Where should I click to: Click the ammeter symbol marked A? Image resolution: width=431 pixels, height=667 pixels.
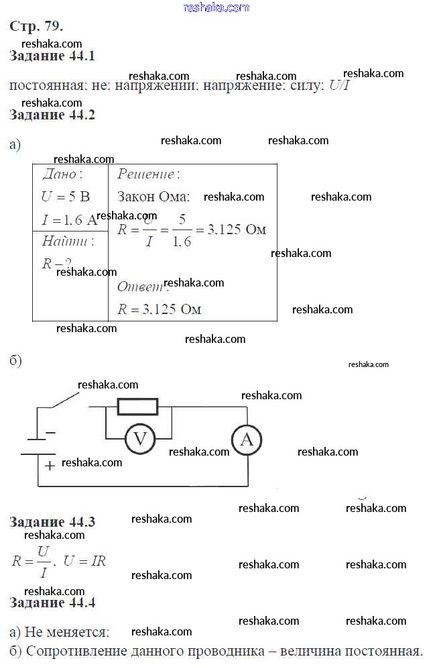pyautogui.click(x=247, y=440)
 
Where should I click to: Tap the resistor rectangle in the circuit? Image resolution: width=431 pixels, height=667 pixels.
pyautogui.click(x=137, y=407)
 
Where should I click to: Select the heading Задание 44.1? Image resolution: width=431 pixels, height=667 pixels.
pyautogui.click(x=52, y=56)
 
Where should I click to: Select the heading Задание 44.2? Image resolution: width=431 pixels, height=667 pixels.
pyautogui.click(x=52, y=115)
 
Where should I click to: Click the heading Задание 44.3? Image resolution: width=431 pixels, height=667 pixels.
pyautogui.click(x=52, y=522)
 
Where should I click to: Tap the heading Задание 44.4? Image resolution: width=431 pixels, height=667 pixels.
pyautogui.click(x=52, y=603)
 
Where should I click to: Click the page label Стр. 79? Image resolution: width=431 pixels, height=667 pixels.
pyautogui.click(x=37, y=27)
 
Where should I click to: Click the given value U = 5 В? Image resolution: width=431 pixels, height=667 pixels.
pyautogui.click(x=66, y=197)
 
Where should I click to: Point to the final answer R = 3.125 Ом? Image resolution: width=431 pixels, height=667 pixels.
pyautogui.click(x=160, y=309)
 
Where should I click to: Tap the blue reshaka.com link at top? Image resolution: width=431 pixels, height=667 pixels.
pyautogui.click(x=216, y=7)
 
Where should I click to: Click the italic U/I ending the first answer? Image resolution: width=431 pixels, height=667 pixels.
pyautogui.click(x=341, y=87)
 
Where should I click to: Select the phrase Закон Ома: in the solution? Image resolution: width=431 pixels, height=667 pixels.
pyautogui.click(x=153, y=197)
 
